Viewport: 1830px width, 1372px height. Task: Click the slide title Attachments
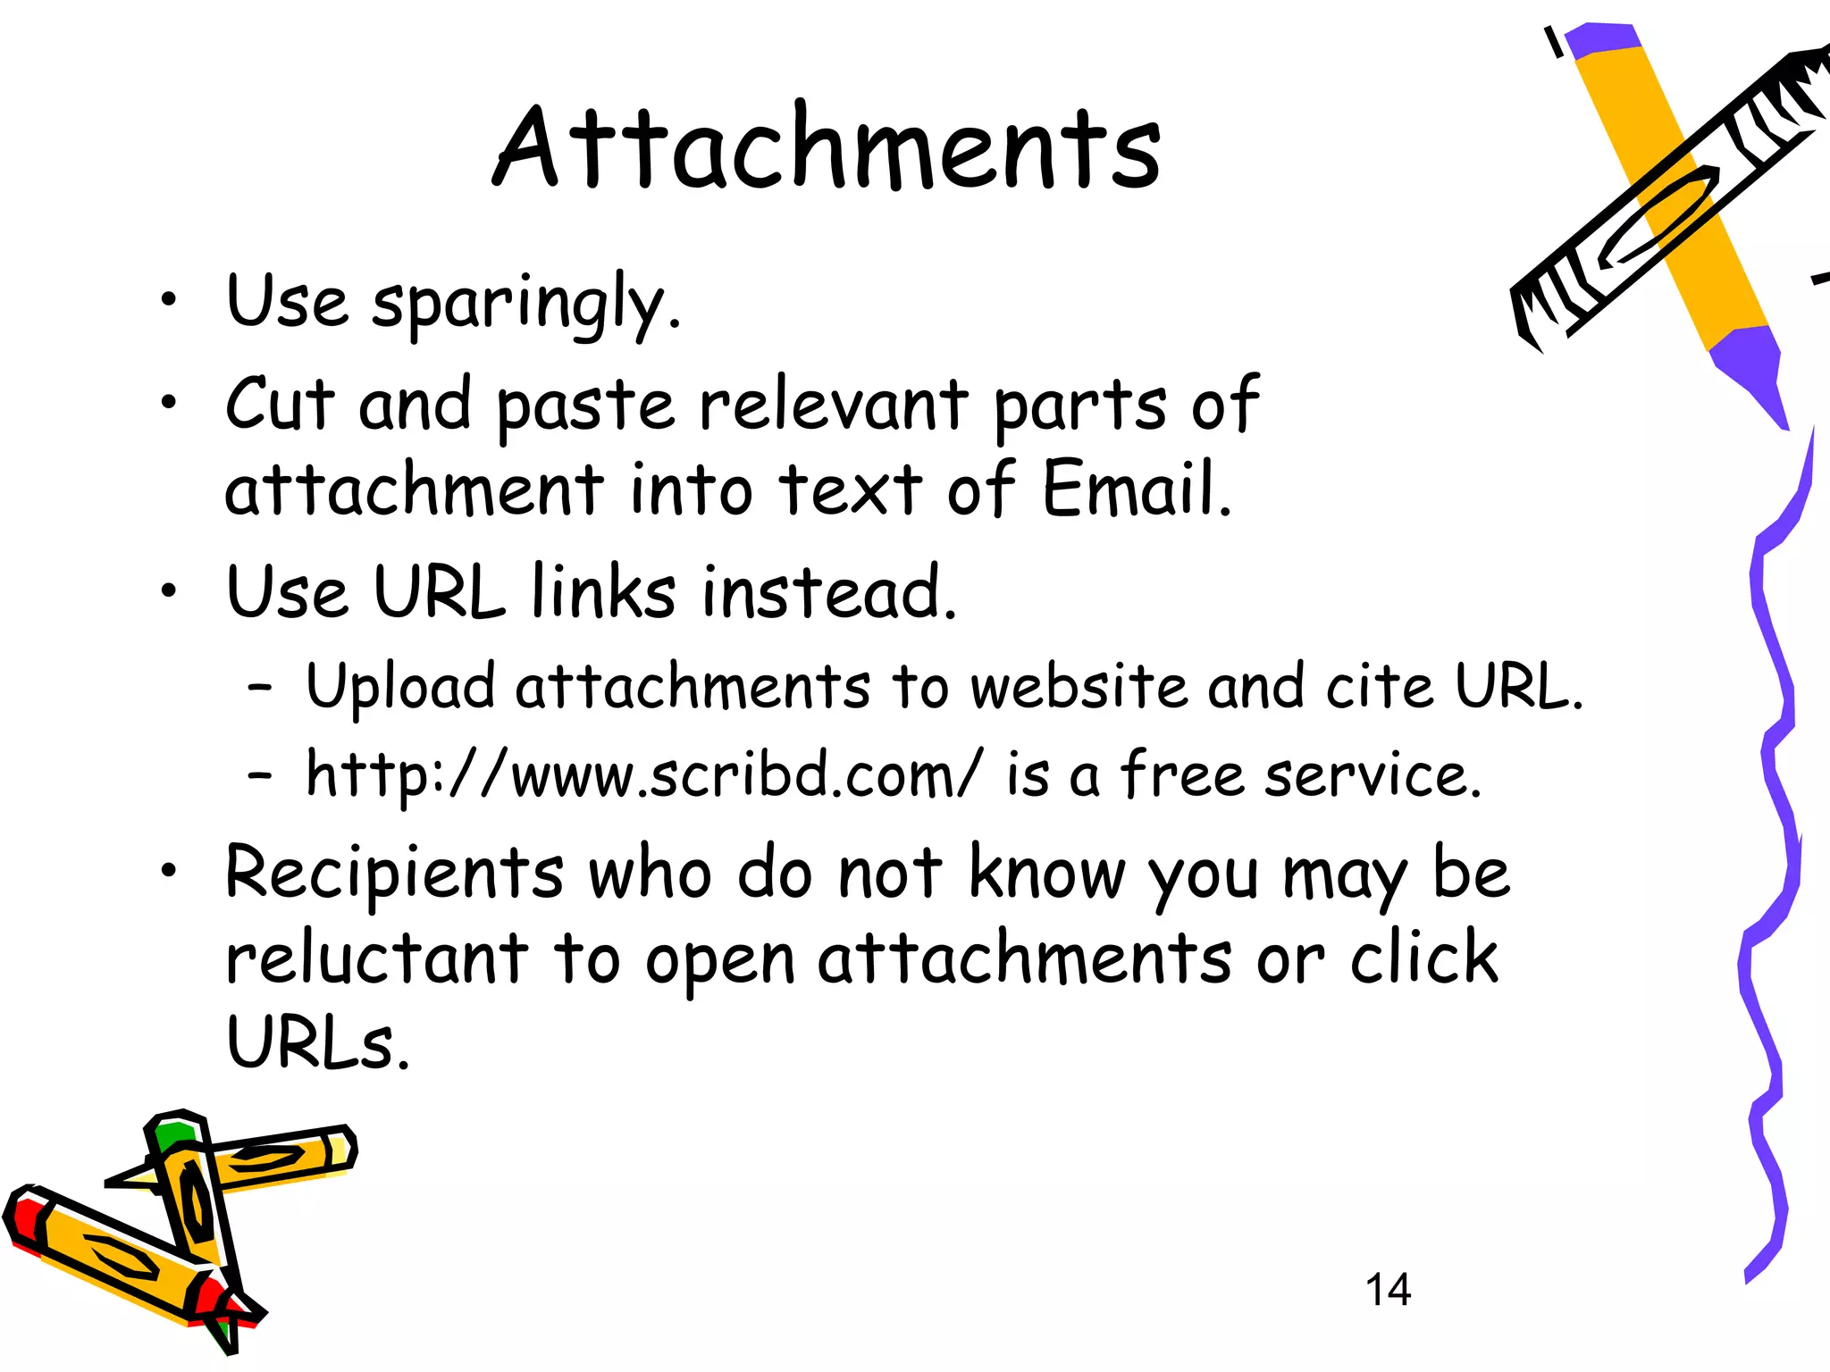tap(827, 148)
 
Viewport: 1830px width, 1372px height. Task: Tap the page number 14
tap(1388, 1289)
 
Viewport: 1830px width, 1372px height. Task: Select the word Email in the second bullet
tap(1136, 489)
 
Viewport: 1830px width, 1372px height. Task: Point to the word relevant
tap(833, 404)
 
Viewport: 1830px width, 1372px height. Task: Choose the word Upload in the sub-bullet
tap(400, 686)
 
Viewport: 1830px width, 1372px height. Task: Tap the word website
tap(1079, 686)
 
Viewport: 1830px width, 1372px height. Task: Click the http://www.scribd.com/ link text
tap(643, 774)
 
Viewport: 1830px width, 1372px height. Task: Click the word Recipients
tap(394, 872)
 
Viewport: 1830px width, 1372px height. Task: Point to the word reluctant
tap(376, 958)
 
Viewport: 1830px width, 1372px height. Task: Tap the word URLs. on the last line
tap(317, 1042)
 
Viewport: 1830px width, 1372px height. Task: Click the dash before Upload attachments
tap(259, 688)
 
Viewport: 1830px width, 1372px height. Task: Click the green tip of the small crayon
tap(172, 1134)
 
